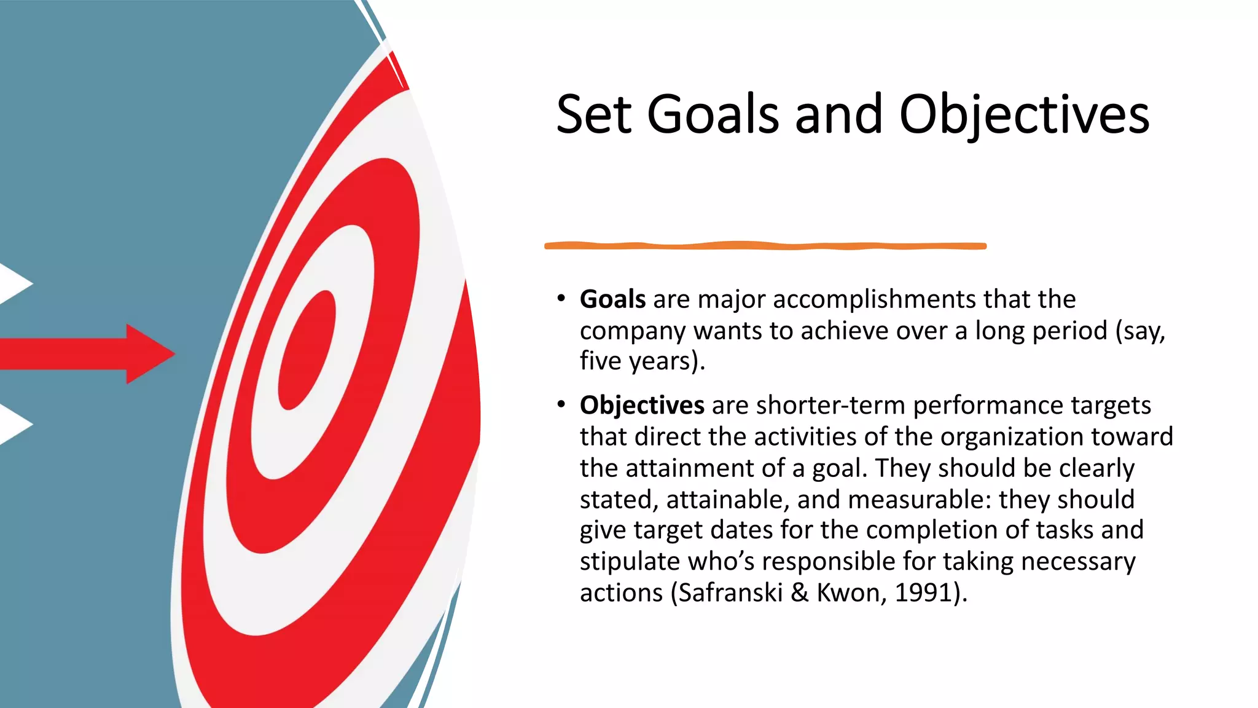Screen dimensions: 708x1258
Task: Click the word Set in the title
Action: (x=593, y=114)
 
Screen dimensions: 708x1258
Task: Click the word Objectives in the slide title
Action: (x=1024, y=116)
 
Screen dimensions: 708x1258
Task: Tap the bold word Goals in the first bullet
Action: (x=612, y=299)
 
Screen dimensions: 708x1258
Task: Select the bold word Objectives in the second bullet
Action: (x=642, y=406)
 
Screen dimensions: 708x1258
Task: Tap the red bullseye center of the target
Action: (x=307, y=350)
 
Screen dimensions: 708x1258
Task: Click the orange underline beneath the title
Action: (x=765, y=246)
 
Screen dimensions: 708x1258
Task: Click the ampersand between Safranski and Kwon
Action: (x=799, y=593)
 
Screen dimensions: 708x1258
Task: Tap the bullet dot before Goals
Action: (x=561, y=299)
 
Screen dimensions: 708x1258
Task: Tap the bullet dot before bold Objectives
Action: (x=561, y=404)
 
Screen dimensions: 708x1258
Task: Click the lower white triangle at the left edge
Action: (x=14, y=424)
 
